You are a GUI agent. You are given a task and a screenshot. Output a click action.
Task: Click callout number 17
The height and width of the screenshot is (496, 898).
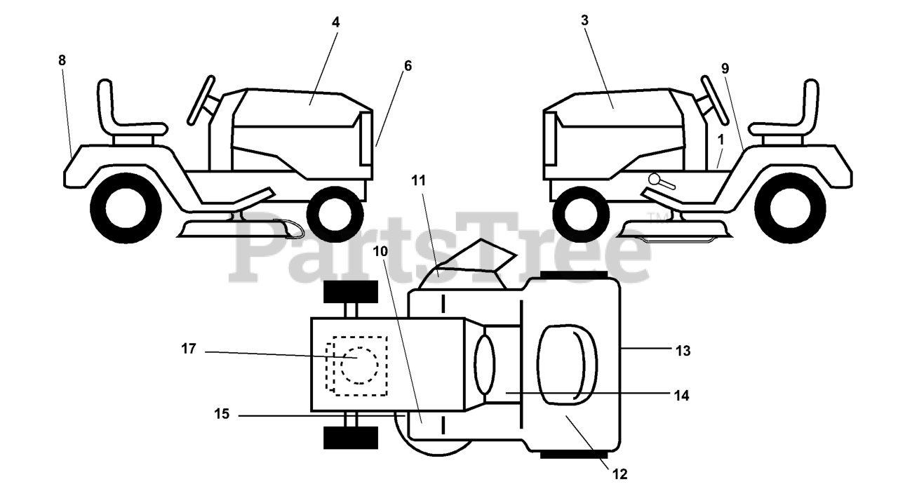[x=189, y=349]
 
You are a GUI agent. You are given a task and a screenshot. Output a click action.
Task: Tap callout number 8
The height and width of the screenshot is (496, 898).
[x=62, y=60]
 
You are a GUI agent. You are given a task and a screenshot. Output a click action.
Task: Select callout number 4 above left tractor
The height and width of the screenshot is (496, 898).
[x=336, y=22]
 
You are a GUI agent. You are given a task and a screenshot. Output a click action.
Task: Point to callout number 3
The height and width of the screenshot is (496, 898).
[x=585, y=20]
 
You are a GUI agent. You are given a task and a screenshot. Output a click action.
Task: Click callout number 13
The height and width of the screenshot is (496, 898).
[x=683, y=351]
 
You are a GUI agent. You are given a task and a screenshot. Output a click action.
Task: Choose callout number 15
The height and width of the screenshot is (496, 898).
[x=222, y=414]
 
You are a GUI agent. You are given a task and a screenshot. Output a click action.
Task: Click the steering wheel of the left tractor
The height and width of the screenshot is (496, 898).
[x=201, y=99]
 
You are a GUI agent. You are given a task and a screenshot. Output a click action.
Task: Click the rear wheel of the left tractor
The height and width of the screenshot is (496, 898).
[x=126, y=208]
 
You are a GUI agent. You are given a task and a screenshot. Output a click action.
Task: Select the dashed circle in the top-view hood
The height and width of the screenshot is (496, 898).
[x=360, y=365]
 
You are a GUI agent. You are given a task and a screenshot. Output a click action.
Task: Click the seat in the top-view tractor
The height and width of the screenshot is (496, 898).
[x=566, y=365]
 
